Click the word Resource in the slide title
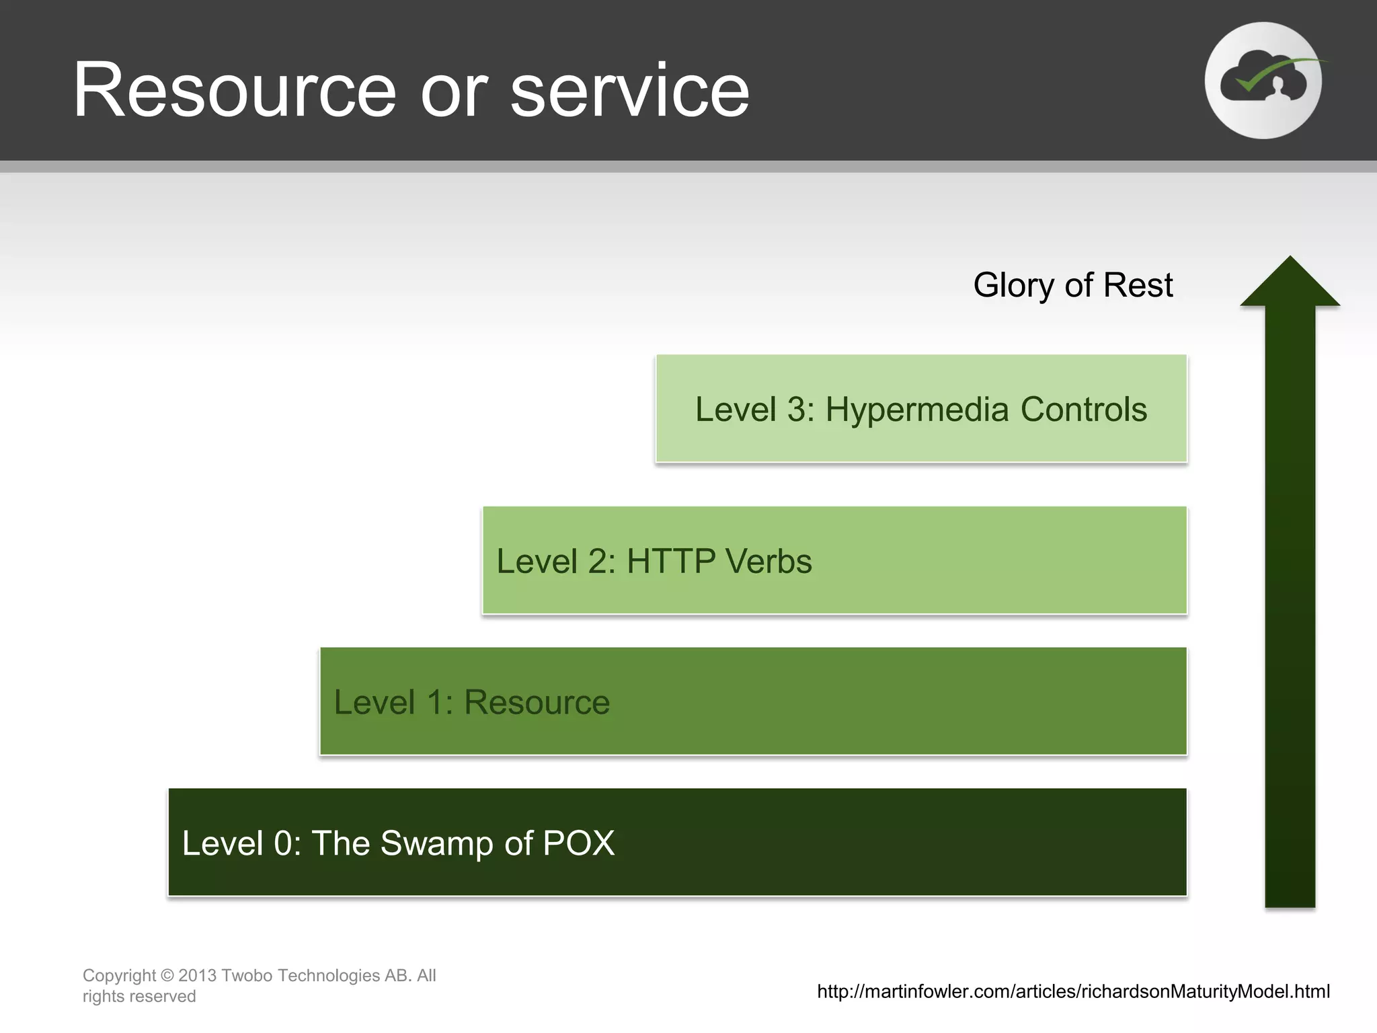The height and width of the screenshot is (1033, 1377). click(235, 91)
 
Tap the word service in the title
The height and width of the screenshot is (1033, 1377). click(629, 91)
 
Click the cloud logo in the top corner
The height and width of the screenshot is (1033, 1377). click(1263, 81)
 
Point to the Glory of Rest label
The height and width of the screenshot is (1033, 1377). click(1072, 285)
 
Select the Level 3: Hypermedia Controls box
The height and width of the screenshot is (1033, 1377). click(921, 408)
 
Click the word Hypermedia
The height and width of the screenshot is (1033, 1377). click(917, 410)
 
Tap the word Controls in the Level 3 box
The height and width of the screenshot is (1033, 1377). click(1083, 410)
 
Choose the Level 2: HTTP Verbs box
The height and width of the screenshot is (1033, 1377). click(834, 560)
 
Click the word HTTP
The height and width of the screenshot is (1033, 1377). click(671, 561)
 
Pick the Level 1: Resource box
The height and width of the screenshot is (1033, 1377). click(753, 701)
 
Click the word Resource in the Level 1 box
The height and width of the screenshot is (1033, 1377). click(537, 702)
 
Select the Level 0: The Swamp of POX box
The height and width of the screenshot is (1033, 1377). click(677, 842)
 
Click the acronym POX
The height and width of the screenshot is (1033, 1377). click(578, 843)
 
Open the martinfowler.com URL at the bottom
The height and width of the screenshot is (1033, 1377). click(1073, 991)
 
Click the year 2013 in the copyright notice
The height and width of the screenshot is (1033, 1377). click(197, 975)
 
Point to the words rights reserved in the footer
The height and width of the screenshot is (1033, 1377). click(139, 996)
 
